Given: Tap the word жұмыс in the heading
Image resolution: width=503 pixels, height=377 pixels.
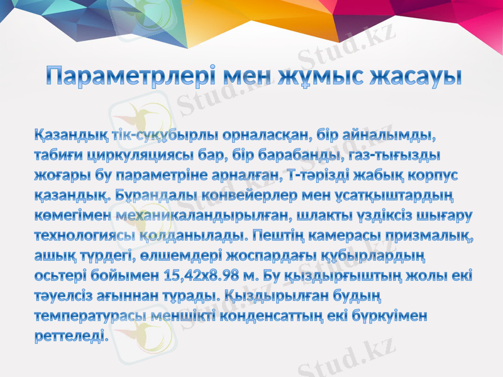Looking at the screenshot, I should coord(322,77).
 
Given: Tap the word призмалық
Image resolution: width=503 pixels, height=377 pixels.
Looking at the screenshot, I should coord(433,236).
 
